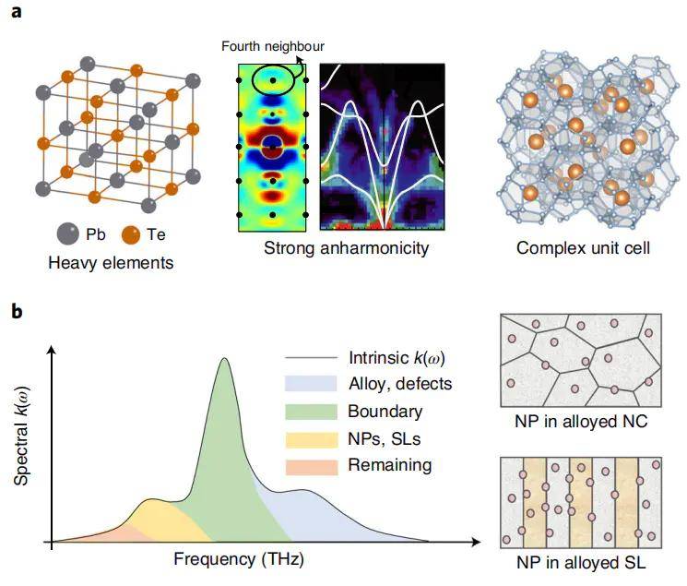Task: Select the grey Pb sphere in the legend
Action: click(65, 233)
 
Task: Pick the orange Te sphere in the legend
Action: click(131, 233)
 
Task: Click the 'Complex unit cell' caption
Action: click(577, 248)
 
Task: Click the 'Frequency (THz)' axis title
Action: click(238, 559)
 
